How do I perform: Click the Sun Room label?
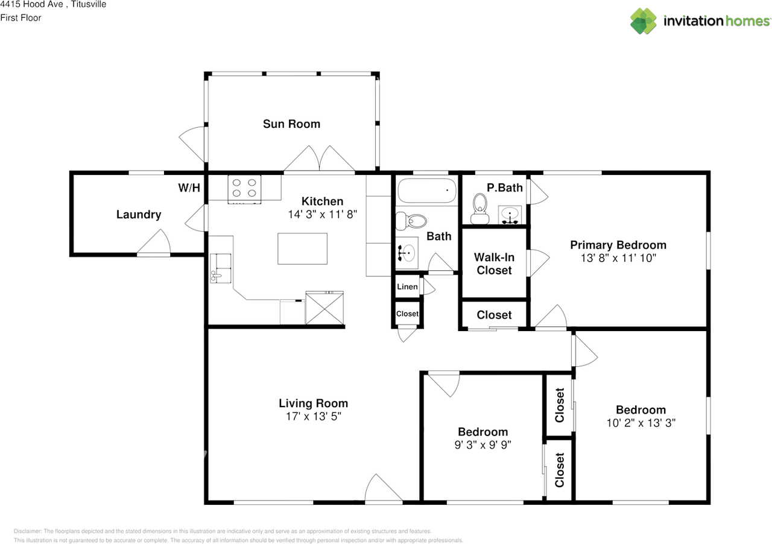click(291, 124)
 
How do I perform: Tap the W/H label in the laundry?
click(189, 188)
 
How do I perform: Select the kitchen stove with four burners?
click(244, 189)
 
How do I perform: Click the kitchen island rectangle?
click(303, 248)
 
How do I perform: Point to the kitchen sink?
click(221, 268)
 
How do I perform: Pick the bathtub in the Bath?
click(427, 191)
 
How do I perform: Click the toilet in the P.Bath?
click(479, 209)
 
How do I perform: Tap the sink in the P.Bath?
click(510, 215)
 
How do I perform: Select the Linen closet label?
click(407, 286)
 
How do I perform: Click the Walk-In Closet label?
click(494, 264)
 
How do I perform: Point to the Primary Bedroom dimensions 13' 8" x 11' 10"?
click(618, 258)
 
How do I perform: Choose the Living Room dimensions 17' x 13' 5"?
click(313, 416)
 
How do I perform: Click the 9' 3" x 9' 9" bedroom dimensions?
click(483, 444)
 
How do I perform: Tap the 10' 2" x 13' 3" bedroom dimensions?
click(641, 423)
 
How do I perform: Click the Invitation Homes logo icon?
click(644, 21)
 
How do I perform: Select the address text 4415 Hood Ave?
click(32, 4)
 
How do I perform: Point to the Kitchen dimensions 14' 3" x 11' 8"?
click(323, 214)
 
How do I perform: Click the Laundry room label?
click(139, 215)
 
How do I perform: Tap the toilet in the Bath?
click(411, 221)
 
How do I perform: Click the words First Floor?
click(21, 18)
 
